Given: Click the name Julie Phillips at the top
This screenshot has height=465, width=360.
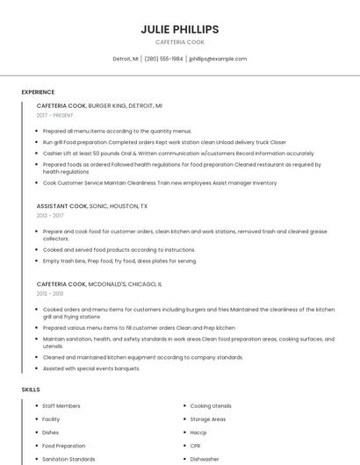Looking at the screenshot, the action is [x=180, y=29].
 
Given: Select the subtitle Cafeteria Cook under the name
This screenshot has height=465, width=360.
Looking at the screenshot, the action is [x=180, y=42].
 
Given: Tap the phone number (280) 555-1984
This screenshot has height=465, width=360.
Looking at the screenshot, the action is [x=163, y=59].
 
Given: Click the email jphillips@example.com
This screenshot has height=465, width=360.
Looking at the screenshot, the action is [x=218, y=59].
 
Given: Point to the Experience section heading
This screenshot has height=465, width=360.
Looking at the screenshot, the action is [x=38, y=92].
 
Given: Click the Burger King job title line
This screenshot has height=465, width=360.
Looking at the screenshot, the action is [x=99, y=105].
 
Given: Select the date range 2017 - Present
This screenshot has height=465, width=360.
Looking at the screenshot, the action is [x=54, y=115].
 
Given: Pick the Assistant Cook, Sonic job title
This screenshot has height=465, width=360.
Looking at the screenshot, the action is [x=92, y=205].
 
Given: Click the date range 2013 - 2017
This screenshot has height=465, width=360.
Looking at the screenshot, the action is [x=50, y=215].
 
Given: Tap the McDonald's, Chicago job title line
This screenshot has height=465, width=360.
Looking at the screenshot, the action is [x=99, y=284].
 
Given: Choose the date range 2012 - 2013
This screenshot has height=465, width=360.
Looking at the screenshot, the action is [x=50, y=294].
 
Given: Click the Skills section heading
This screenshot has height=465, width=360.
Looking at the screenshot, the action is [x=31, y=389].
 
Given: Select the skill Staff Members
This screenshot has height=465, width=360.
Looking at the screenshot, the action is [x=61, y=406].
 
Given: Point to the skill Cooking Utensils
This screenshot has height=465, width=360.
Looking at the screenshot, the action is [x=211, y=406].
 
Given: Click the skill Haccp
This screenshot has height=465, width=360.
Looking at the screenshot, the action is [x=198, y=433].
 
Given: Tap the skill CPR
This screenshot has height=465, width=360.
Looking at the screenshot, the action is [x=196, y=446].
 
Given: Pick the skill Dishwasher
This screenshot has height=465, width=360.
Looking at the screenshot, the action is [x=205, y=459].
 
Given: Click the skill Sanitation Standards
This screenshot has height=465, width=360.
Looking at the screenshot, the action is [x=68, y=459].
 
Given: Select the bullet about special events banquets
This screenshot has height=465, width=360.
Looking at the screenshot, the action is [x=91, y=368].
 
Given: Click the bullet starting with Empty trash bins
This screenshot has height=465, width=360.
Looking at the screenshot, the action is [x=119, y=261].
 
